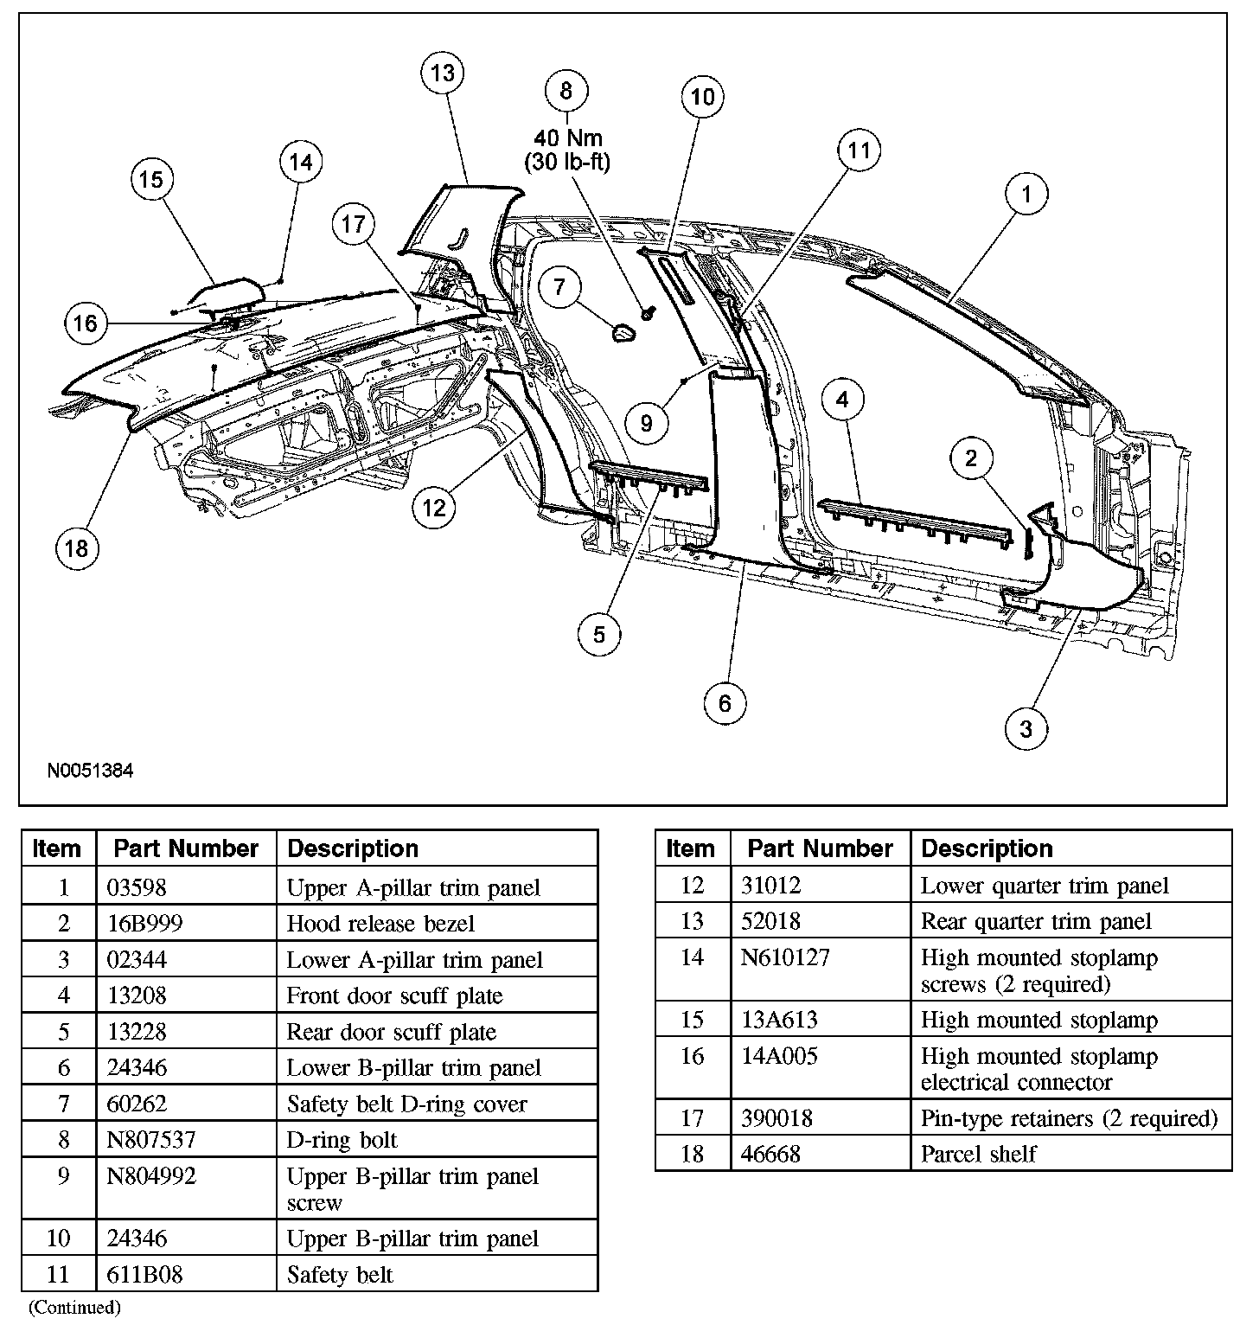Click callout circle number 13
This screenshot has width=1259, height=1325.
coord(443,74)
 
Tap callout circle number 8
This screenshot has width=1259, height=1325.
coord(566,91)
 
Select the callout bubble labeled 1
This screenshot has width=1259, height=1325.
coord(1026,194)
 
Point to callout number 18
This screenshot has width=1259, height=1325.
coord(77,548)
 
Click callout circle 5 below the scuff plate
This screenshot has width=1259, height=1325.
coord(599,635)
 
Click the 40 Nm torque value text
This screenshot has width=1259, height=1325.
coord(567,138)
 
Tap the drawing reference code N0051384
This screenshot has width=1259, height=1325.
coord(91,770)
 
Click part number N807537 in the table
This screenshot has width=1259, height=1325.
coord(151,1140)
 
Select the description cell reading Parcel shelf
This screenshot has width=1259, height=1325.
coord(978,1154)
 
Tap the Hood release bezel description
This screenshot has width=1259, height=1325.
coord(380,924)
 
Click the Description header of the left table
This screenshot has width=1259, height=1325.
coord(353,848)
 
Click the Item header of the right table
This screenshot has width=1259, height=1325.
coord(691,848)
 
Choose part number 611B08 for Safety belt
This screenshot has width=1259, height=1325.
coord(145,1275)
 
